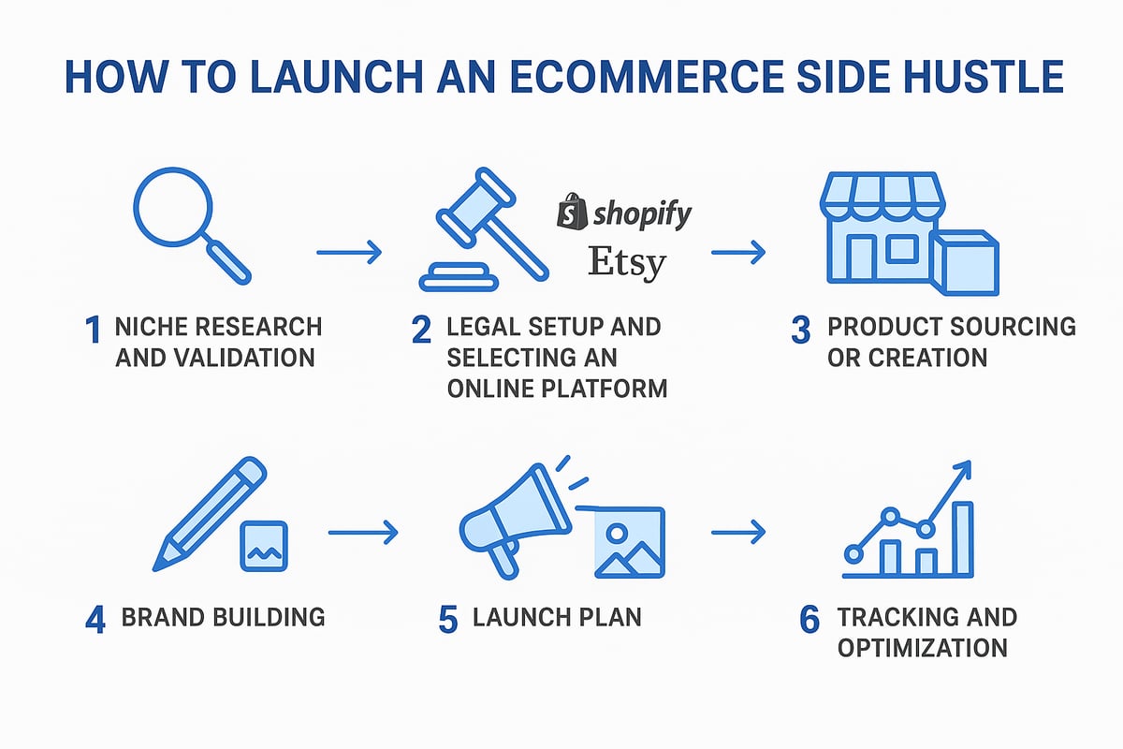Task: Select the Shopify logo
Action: (624, 213)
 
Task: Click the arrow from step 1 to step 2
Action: (349, 252)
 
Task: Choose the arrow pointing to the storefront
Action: (738, 252)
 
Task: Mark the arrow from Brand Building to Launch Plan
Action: (363, 533)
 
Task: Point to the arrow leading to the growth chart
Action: (738, 533)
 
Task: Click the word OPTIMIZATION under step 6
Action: (922, 647)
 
